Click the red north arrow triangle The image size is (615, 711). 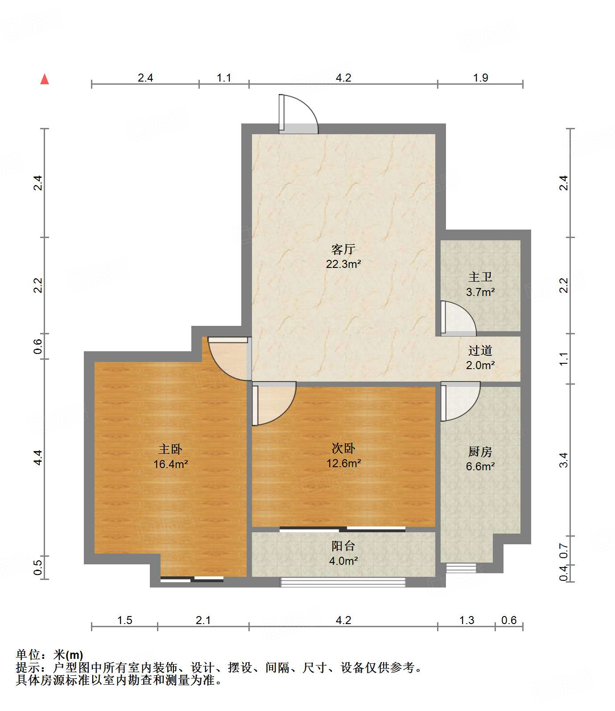coord(45,79)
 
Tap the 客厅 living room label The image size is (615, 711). coord(343,249)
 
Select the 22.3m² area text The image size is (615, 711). coord(343,264)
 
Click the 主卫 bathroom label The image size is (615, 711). coord(480,277)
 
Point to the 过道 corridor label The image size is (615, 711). coord(480,350)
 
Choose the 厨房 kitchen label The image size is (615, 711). coord(480,452)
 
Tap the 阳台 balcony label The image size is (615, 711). coord(343,546)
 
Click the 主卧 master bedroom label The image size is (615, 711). coord(170,449)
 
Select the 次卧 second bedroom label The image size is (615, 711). coord(343,448)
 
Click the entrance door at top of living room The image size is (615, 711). coord(298,115)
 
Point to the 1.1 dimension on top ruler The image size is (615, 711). coord(224,78)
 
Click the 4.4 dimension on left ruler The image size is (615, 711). coord(38,458)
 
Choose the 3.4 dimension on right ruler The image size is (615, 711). coord(564,460)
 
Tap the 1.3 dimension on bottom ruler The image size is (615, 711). coord(466,620)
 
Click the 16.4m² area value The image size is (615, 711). coord(170,464)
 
